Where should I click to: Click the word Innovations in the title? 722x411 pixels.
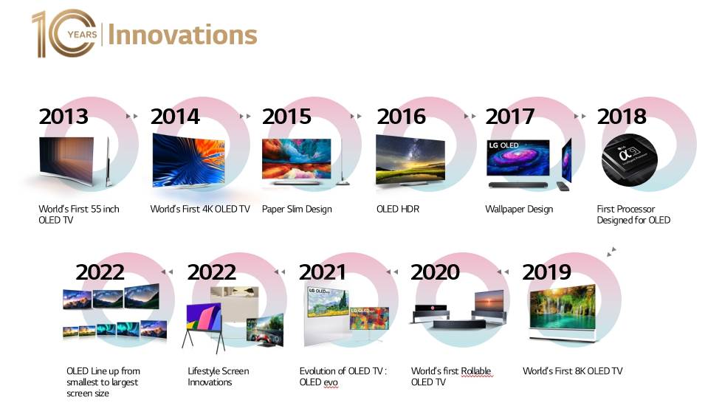pos(182,35)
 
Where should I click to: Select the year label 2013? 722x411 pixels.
pos(63,117)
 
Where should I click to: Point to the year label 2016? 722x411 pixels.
pos(401,117)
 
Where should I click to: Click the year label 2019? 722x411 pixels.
pos(546,272)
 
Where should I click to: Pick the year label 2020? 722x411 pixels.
pos(435,272)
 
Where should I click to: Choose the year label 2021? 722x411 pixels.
pos(323,272)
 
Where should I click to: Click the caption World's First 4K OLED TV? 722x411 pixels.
pos(200,210)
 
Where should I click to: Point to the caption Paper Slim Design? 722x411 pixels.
pos(297,210)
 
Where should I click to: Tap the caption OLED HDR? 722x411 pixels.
pos(398,210)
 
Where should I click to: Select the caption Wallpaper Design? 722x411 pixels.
pos(519,210)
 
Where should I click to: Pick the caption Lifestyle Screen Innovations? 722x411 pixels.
pos(219,376)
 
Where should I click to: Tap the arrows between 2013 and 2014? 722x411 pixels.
pos(132,116)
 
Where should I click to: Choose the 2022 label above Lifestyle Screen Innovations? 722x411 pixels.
pos(212,272)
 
